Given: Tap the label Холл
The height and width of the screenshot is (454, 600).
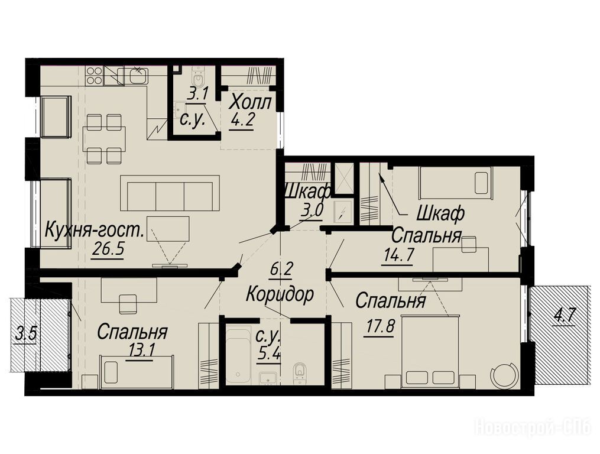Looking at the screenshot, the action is click(x=252, y=103).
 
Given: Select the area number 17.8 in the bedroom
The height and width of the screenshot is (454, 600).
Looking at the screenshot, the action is click(x=379, y=328).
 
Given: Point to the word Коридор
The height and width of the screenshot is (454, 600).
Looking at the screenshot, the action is click(x=280, y=294).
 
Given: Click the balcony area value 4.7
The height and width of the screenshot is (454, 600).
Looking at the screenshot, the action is click(x=565, y=316).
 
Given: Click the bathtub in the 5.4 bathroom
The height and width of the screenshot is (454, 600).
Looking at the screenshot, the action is click(x=239, y=356).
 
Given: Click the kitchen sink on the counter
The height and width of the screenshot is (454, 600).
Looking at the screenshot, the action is click(x=138, y=75).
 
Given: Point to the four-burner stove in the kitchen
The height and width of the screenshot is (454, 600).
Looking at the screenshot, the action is click(x=95, y=76).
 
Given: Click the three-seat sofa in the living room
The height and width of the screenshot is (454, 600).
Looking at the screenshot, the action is click(x=170, y=193).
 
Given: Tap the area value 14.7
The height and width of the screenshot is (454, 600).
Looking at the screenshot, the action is click(x=398, y=255).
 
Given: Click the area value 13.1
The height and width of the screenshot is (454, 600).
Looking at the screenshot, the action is click(x=141, y=350).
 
